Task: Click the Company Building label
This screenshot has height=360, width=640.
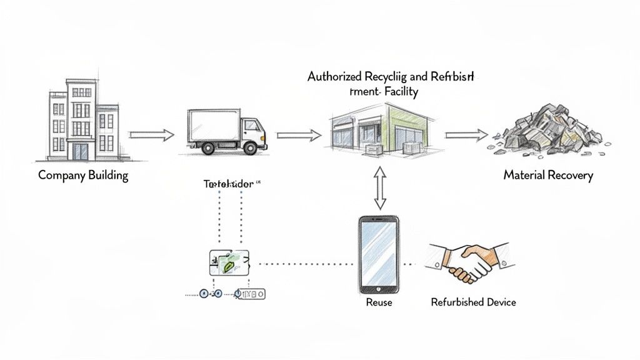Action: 83,175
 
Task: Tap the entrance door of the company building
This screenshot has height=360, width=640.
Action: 81,151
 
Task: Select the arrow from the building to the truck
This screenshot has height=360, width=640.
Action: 151,134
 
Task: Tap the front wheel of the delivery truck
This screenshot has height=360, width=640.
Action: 250,148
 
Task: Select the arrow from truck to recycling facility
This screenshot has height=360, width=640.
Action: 299,134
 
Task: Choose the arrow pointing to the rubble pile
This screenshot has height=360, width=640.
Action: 466,134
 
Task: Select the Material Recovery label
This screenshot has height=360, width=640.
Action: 547,175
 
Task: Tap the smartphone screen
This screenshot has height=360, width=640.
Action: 379,254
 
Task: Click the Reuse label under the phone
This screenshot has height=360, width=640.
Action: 379,302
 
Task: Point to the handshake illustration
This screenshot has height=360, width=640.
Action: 470,261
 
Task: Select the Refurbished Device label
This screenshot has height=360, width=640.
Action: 473,302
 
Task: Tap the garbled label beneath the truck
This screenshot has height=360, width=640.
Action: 229,184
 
